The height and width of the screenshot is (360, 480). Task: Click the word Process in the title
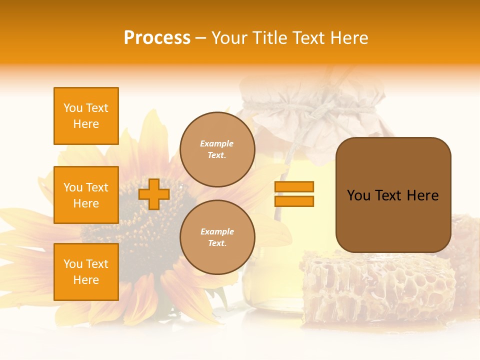(x=157, y=38)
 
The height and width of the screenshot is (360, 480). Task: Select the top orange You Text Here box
(x=86, y=116)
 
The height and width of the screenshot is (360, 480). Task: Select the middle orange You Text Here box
(x=86, y=195)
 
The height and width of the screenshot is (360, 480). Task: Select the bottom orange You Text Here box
(x=86, y=272)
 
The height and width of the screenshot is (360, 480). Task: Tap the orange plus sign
(x=154, y=194)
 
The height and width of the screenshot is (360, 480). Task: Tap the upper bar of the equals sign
(x=294, y=186)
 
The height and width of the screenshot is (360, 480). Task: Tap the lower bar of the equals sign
(x=294, y=201)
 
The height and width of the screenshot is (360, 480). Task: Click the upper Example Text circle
(x=217, y=149)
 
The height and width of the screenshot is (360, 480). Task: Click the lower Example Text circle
(x=217, y=237)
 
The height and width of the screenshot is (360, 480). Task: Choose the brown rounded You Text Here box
(x=393, y=195)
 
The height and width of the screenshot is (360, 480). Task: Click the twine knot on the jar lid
(x=320, y=107)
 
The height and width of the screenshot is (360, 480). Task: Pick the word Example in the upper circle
(x=217, y=143)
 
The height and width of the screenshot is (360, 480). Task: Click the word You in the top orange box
(x=72, y=108)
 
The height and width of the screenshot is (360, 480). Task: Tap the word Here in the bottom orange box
(x=86, y=280)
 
